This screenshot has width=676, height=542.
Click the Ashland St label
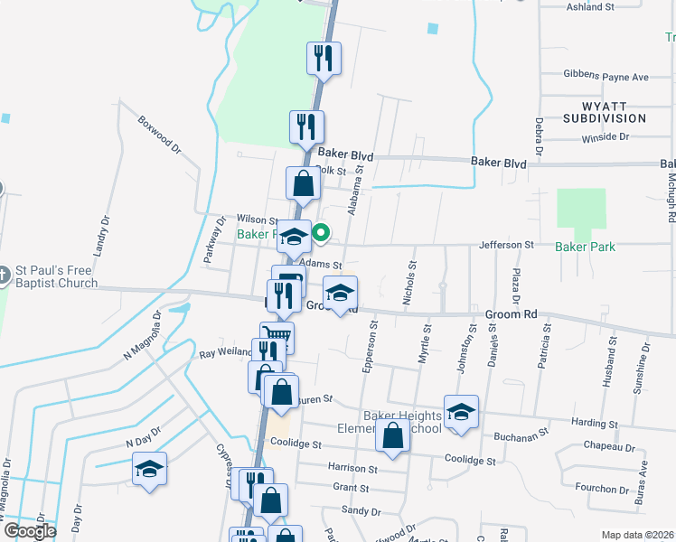(x=615, y=6)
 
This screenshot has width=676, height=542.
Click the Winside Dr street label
(x=606, y=136)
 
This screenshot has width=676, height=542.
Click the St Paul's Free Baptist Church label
(x=56, y=277)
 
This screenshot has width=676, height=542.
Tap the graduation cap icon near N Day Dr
(x=149, y=470)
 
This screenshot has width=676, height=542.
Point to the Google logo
(x=29, y=531)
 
